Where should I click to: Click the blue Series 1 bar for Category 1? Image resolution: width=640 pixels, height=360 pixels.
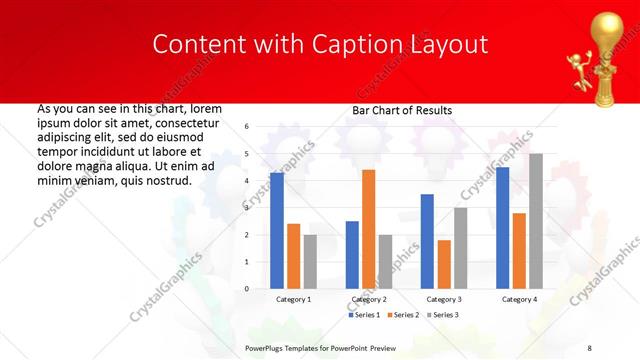coord(277,231)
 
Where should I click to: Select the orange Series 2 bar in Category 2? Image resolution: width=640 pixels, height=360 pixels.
coord(369,229)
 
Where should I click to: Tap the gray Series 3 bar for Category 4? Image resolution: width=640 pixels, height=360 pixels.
coord(536,221)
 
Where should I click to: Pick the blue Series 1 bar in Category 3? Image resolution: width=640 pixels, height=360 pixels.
coord(427,241)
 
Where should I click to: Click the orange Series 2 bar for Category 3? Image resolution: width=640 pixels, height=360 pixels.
coord(444,264)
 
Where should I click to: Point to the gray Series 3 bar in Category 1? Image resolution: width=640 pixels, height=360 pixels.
coord(310,261)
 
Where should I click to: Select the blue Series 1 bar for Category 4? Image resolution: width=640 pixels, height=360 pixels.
coord(502,228)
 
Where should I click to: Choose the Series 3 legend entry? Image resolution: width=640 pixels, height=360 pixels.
coord(446,315)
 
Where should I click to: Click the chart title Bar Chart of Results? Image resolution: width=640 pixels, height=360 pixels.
coord(402,110)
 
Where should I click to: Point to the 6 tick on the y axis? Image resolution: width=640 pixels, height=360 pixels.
coord(247,127)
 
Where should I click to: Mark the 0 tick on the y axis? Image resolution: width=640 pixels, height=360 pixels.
coord(247,289)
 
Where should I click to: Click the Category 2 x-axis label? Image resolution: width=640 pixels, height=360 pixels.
coord(369,299)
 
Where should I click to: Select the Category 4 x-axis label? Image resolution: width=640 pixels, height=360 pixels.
coord(519,299)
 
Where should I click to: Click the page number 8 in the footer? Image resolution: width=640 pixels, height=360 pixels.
coord(590,347)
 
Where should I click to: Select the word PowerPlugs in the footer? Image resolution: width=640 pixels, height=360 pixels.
coord(266,347)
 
